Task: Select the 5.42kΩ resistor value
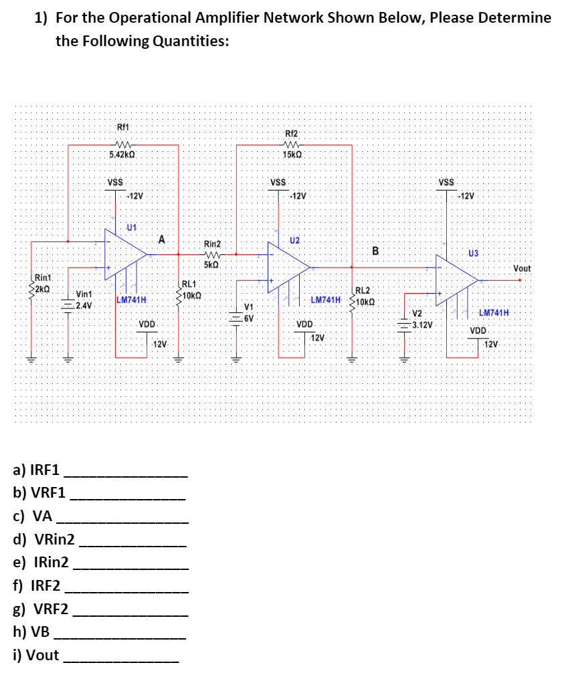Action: click(123, 155)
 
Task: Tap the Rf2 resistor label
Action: click(292, 133)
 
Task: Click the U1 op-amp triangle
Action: click(124, 253)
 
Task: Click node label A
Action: click(162, 239)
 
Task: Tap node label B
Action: click(375, 252)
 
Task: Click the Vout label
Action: click(522, 268)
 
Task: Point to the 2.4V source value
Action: click(84, 306)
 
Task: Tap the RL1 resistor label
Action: click(189, 284)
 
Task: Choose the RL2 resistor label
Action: click(362, 291)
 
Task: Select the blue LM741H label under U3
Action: click(494, 313)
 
